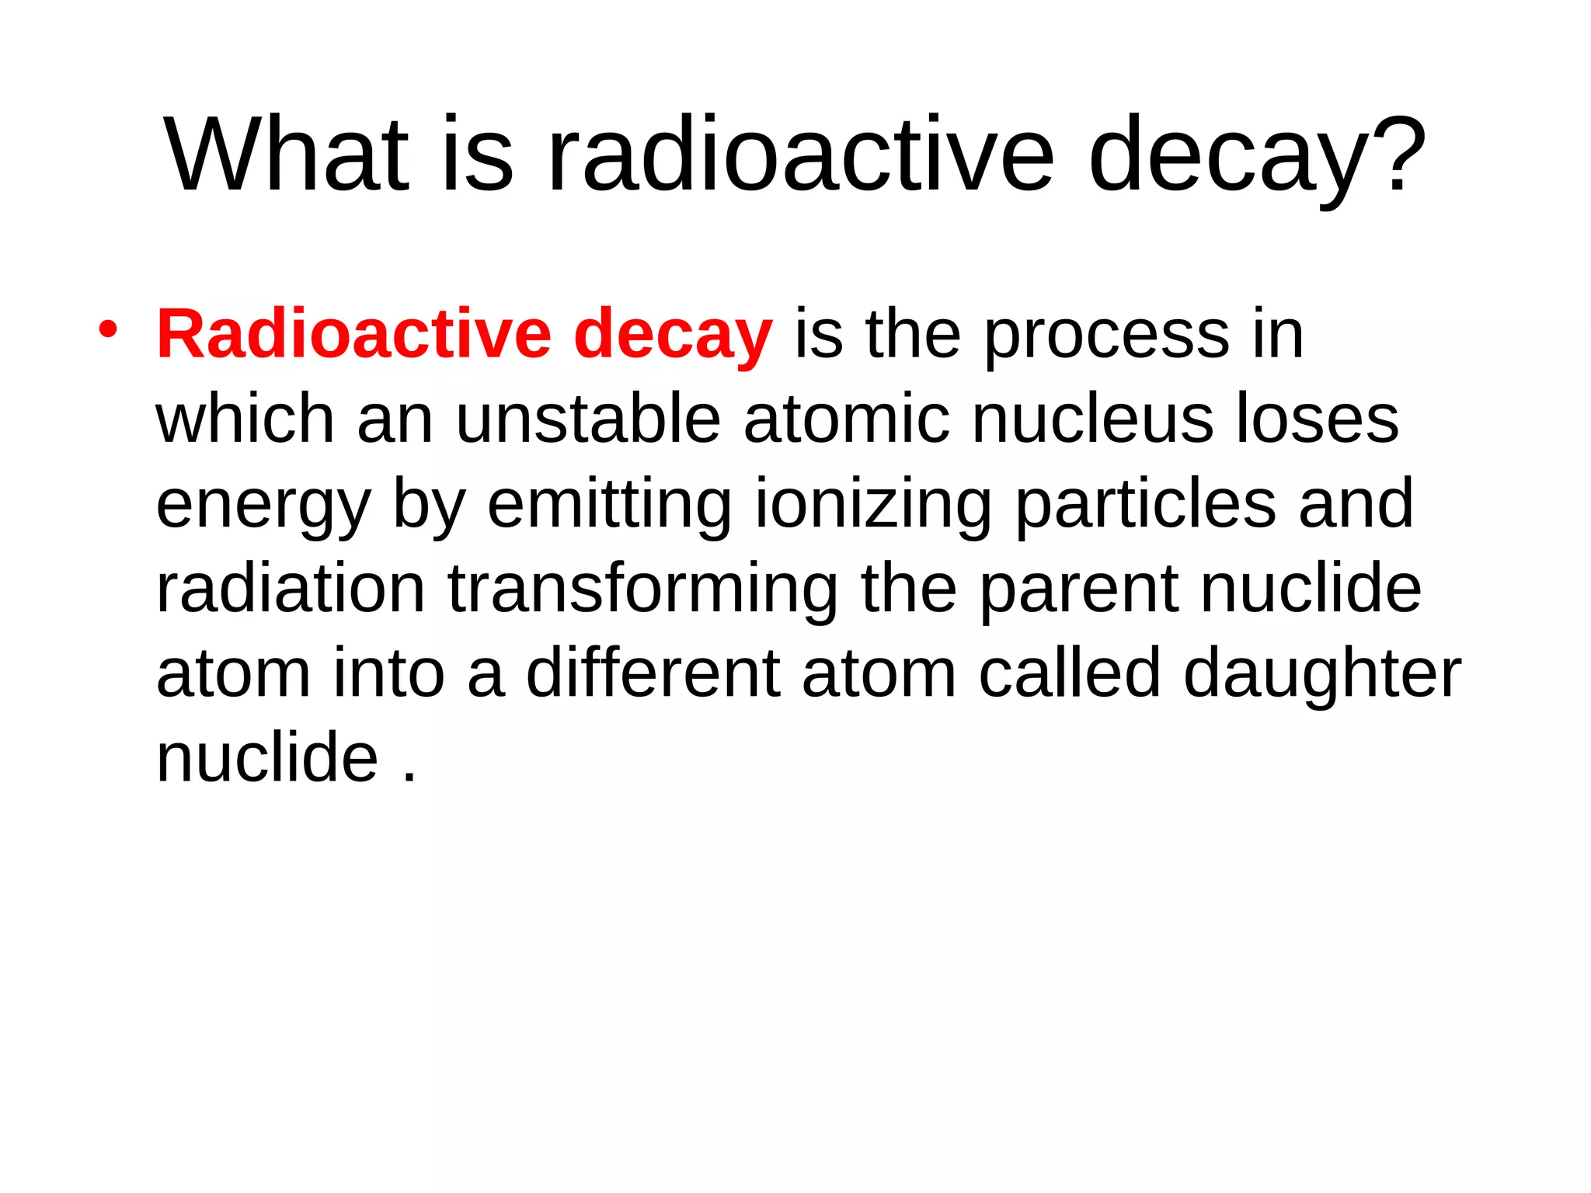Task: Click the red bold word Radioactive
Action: pos(353,335)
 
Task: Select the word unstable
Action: pos(588,419)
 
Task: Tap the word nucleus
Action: pos(1092,419)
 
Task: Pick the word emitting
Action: pos(609,506)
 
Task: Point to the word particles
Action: pos(1145,506)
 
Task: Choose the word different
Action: pos(653,673)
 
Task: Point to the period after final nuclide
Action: pos(410,777)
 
